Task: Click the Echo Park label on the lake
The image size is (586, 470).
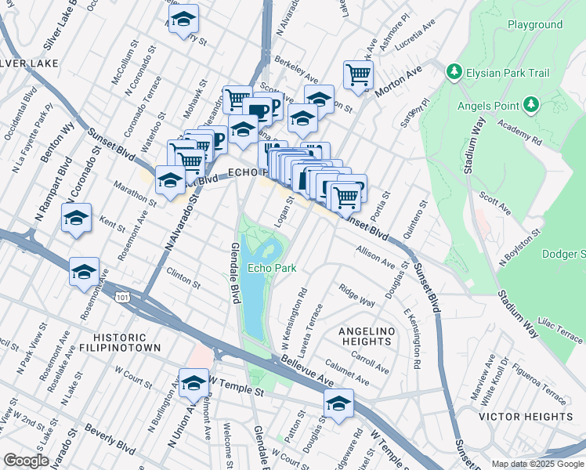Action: point(272,268)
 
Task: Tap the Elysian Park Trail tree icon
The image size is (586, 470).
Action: point(454,72)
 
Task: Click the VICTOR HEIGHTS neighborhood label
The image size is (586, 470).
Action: point(526,416)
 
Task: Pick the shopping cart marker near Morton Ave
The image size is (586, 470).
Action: point(358,76)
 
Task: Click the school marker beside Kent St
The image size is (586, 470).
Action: point(76,218)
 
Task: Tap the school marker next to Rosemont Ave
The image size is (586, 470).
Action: point(84,272)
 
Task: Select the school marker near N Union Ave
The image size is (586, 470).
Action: point(194,383)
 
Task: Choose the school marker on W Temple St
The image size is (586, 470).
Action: point(338,403)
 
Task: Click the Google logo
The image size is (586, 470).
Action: point(26,461)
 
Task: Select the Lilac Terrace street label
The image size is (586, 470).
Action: point(559,329)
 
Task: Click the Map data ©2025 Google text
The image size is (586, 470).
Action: point(537,464)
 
